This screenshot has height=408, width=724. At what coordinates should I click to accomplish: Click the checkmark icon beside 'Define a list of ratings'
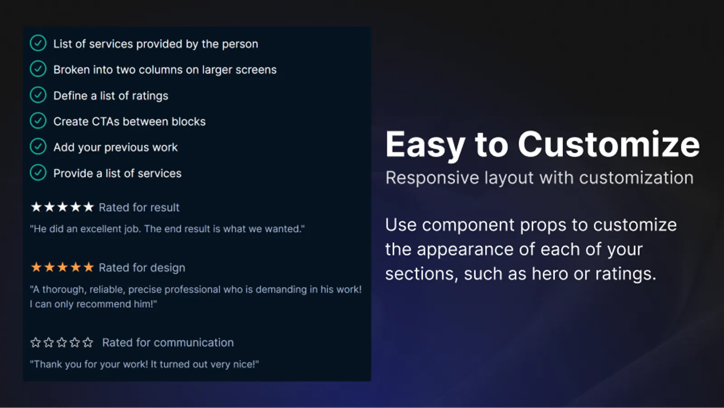coord(38,95)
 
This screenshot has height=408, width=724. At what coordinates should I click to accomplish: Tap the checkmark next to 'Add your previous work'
coord(38,147)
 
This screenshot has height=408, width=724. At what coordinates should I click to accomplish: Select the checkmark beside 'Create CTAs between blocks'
coord(38,121)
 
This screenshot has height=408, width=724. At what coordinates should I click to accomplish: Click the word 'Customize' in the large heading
coord(609,144)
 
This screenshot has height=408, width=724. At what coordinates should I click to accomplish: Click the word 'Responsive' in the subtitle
coord(432,178)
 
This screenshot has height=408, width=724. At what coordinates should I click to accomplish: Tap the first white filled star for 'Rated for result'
coord(36,207)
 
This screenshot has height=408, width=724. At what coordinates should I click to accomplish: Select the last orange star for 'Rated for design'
coord(88,267)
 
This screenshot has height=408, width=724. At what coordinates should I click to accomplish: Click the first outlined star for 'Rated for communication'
coord(36,342)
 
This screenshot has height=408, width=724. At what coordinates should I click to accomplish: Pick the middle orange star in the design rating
coord(62,267)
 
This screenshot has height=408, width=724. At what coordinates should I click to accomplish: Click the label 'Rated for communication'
coord(168,342)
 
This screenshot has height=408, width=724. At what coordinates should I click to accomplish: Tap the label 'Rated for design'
coord(142,268)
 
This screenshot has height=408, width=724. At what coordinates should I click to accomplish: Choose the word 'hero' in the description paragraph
coord(550,274)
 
